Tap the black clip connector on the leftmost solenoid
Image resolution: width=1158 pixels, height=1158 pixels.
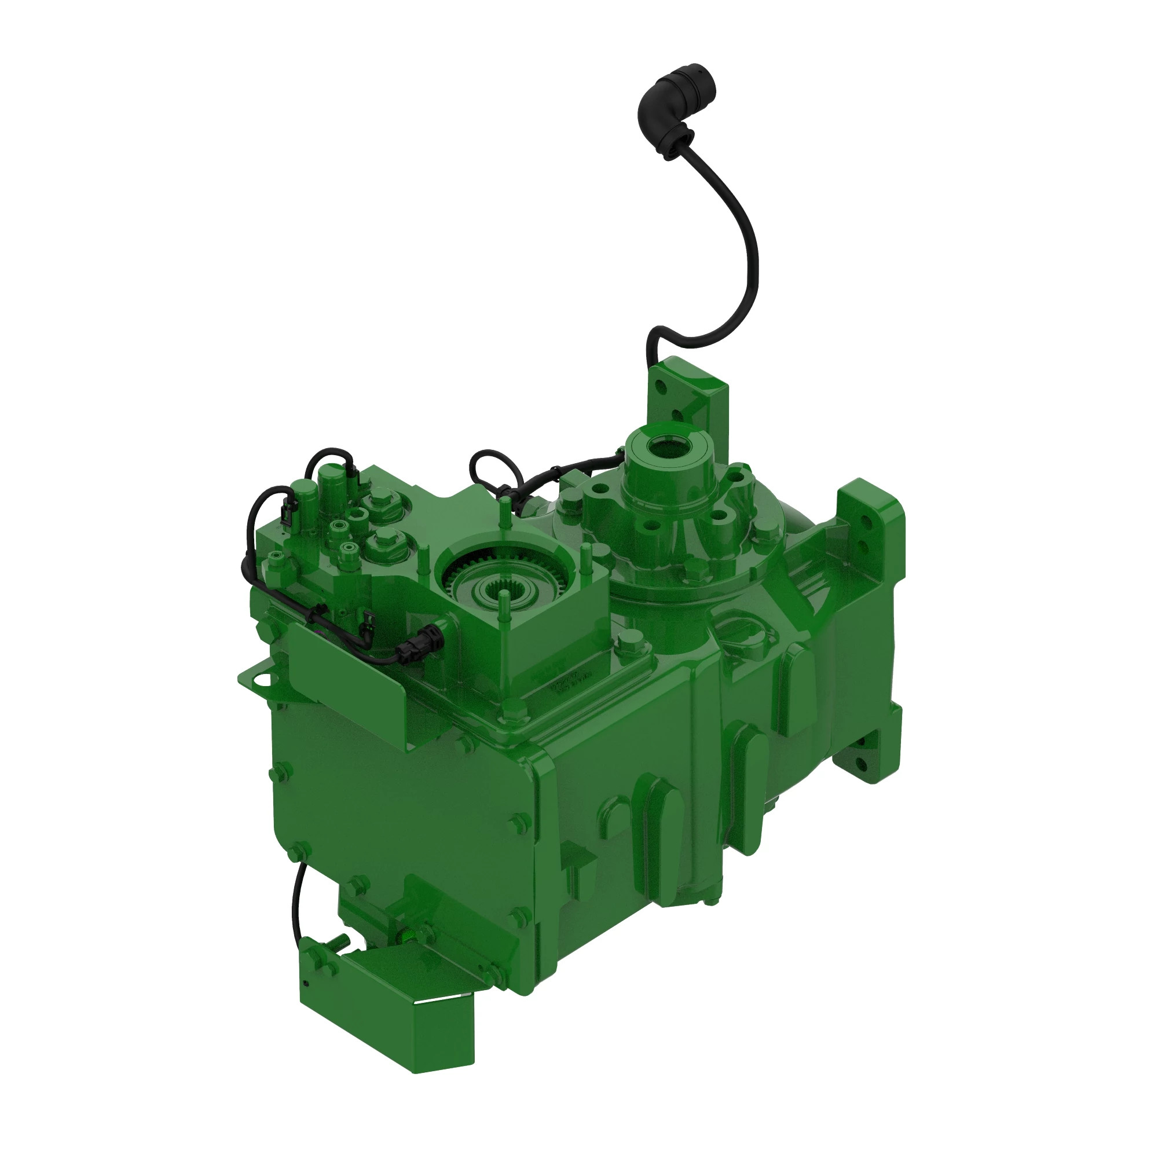tap(287, 514)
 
